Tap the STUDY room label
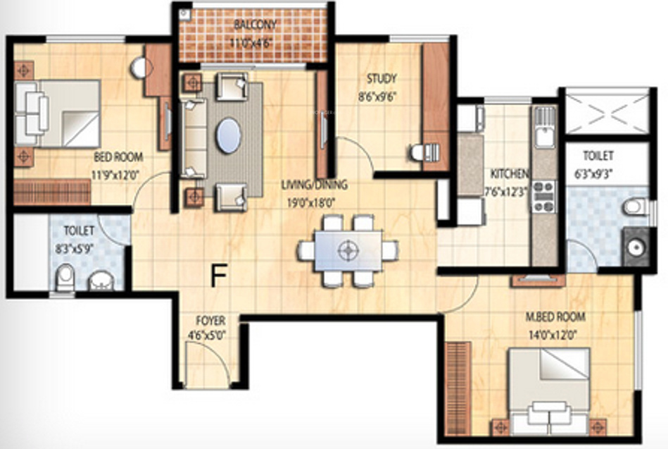click(x=381, y=78)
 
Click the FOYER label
click(x=210, y=321)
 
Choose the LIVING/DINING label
click(x=314, y=185)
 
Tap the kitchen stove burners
click(x=543, y=197)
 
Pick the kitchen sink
click(x=544, y=127)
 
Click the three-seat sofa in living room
click(x=192, y=138)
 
